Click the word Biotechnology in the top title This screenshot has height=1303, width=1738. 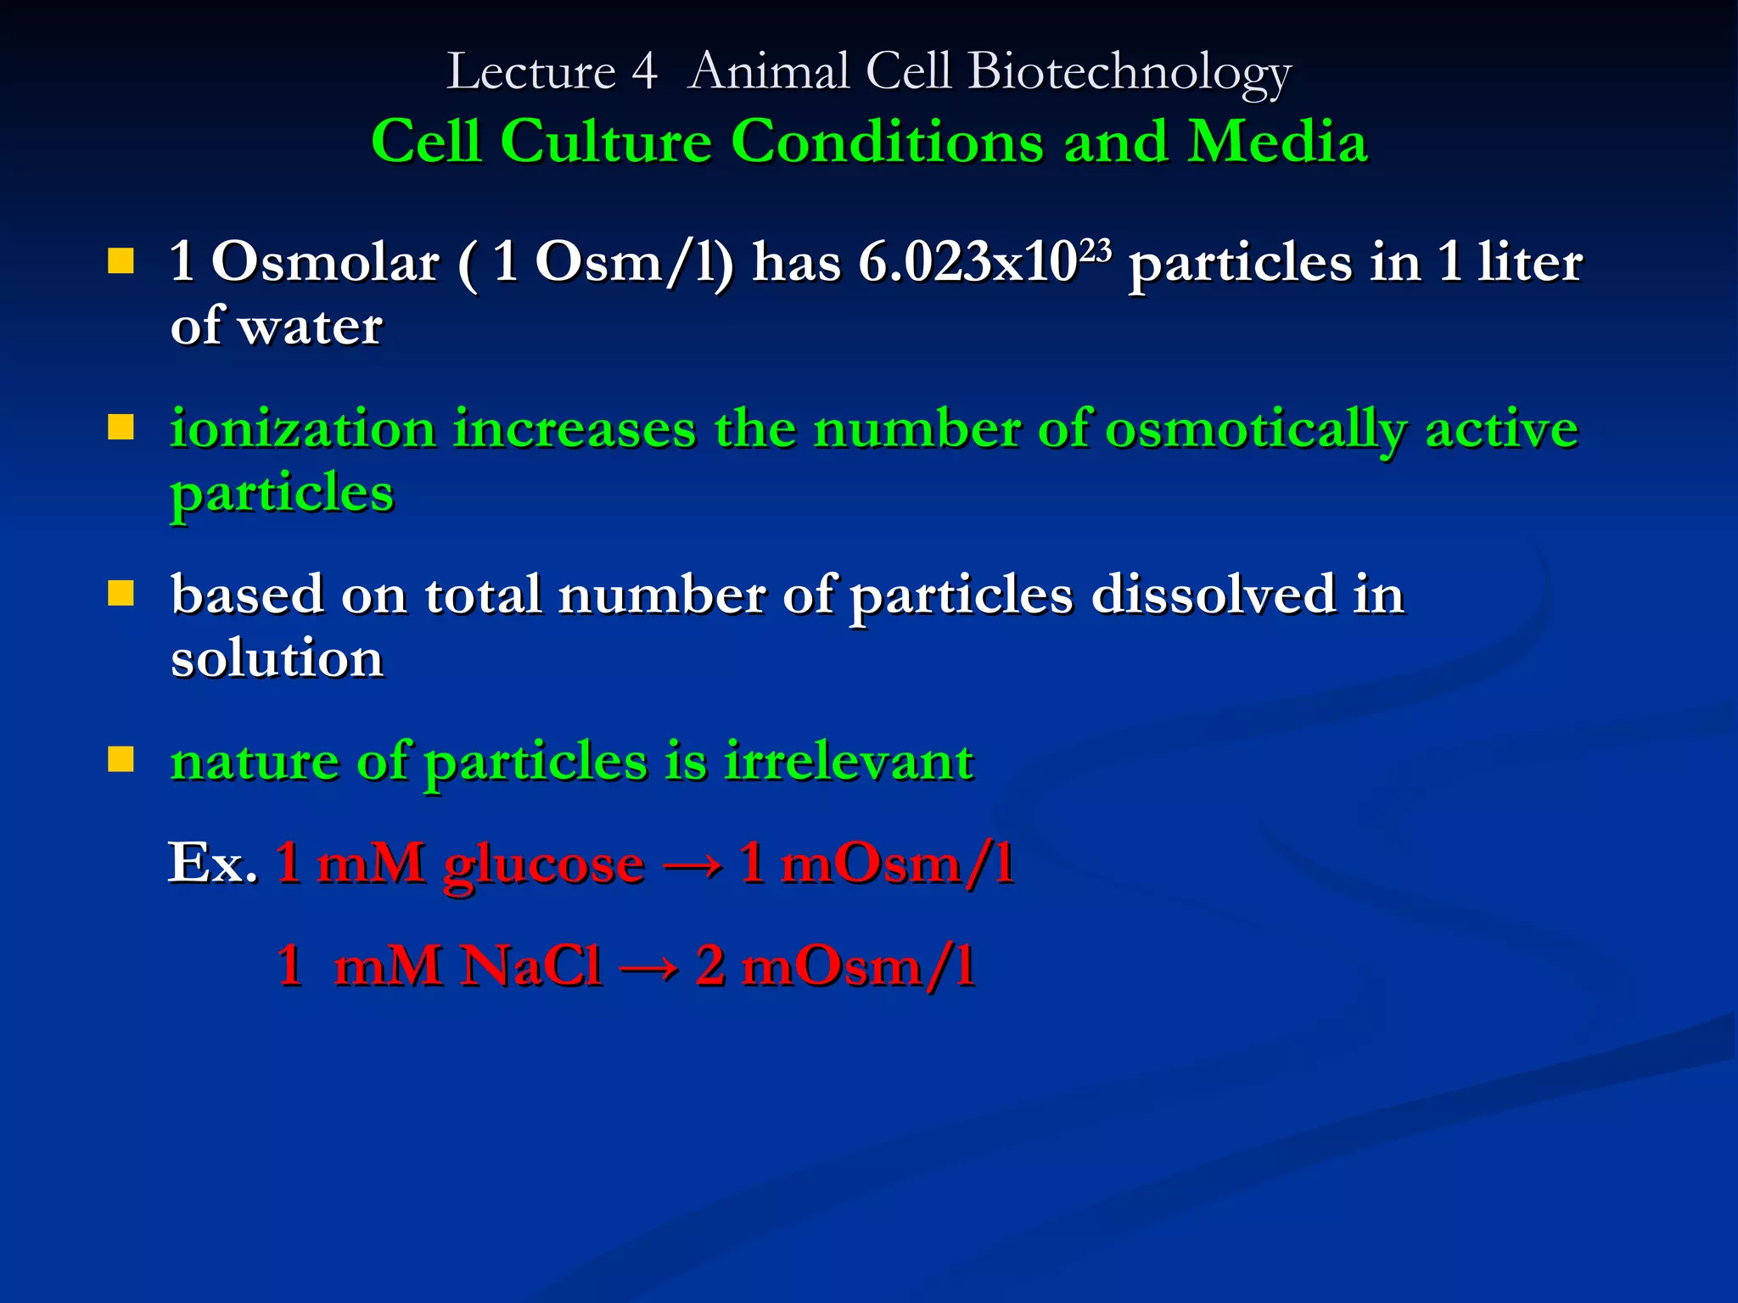(1129, 72)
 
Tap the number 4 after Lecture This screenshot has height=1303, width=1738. (643, 72)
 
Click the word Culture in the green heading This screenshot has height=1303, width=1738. (605, 141)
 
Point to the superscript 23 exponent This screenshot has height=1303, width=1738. (1096, 249)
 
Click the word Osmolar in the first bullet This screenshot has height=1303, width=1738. (324, 262)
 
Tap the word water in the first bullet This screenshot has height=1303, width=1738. (310, 327)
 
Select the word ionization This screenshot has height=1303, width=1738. (302, 428)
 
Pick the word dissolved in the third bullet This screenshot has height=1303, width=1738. (1213, 595)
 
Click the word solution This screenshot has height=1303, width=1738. (277, 659)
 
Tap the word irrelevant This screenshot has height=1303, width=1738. (848, 761)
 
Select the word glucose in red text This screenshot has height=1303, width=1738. (543, 865)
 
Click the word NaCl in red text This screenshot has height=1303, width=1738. (531, 966)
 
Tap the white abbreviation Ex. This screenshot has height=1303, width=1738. (212, 864)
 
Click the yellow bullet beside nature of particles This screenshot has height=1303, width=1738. (121, 759)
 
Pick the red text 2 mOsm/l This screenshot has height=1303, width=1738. (835, 966)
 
